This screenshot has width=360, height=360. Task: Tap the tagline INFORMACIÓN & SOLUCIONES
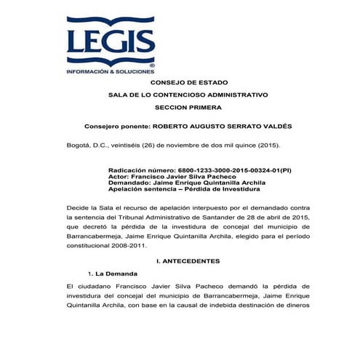110,73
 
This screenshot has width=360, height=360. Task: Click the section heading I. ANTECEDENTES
188,260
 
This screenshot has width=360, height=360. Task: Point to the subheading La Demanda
116,273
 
